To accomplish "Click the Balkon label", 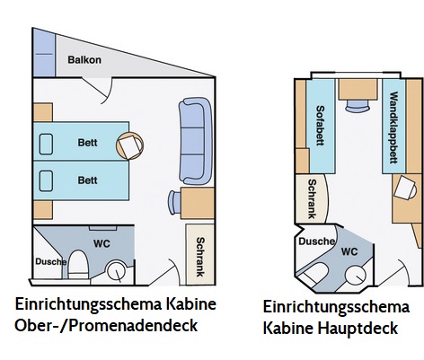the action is tap(84, 60).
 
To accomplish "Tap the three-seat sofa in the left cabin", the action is tap(195, 141).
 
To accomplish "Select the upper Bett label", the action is tap(87, 143).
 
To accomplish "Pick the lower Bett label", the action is tap(87, 180).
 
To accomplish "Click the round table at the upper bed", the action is tap(129, 145).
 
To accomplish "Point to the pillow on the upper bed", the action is tap(46, 145).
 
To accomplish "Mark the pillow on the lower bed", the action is tap(46, 181).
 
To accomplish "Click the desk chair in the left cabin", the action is tap(174, 202).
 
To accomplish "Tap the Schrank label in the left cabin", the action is tap(200, 257).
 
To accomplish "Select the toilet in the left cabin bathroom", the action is tap(77, 265).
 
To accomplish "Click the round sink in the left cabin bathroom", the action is tap(117, 271).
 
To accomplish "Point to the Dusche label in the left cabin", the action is tap(51, 261).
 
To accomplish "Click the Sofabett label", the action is tap(320, 126).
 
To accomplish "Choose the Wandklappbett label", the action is tap(393, 127).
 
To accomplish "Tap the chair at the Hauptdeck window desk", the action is tap(358, 106).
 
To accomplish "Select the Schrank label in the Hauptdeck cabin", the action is tap(312, 198).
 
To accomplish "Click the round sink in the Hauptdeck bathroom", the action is tap(356, 276).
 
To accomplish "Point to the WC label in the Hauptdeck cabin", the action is tap(349, 251).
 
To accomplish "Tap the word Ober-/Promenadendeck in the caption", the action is tap(106, 325).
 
